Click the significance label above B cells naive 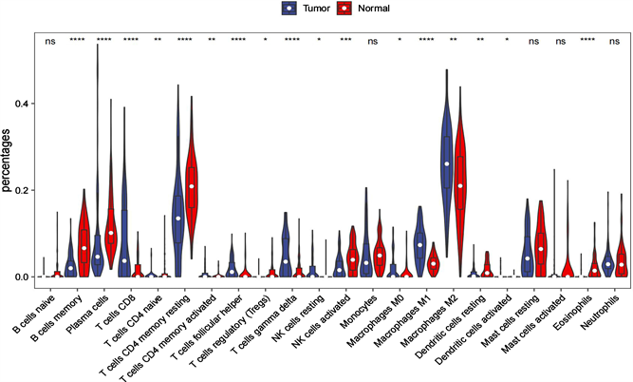[49, 41]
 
